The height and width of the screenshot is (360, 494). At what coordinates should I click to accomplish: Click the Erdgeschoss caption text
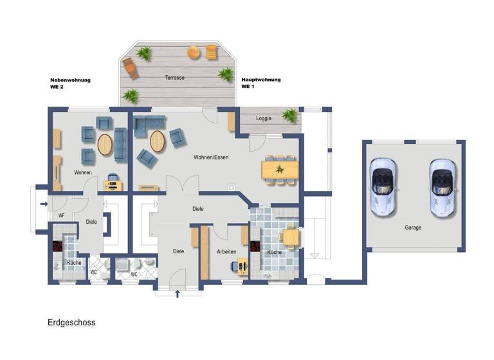click(x=71, y=323)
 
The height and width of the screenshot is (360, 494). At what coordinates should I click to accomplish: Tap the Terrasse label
click(x=174, y=78)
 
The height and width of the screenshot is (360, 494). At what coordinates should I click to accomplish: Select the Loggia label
click(x=264, y=118)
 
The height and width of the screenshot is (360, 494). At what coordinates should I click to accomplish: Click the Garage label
click(x=413, y=228)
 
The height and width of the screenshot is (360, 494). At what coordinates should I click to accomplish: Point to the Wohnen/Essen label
click(x=211, y=157)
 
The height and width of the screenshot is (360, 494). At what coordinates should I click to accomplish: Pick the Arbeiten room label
click(x=227, y=252)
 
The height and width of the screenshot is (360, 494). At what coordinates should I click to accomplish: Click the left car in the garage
click(x=383, y=186)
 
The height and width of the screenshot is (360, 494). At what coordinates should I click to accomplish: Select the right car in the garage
click(x=442, y=186)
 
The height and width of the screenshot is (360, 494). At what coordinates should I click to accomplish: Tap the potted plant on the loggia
click(x=290, y=116)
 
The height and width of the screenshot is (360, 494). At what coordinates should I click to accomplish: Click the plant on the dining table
click(x=280, y=170)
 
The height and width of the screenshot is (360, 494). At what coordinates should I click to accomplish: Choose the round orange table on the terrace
click(x=193, y=53)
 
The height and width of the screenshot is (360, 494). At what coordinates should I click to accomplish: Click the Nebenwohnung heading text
click(x=70, y=80)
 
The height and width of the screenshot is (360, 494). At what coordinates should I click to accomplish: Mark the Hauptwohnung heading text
click(x=261, y=80)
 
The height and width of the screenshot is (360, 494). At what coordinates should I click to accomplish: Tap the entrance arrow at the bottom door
click(x=178, y=294)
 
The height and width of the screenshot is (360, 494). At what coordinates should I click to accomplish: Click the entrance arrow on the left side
click(x=43, y=205)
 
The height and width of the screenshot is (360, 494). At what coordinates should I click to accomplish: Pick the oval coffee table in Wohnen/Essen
click(x=157, y=141)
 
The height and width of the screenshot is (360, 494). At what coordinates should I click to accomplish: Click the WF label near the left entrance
click(x=62, y=215)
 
